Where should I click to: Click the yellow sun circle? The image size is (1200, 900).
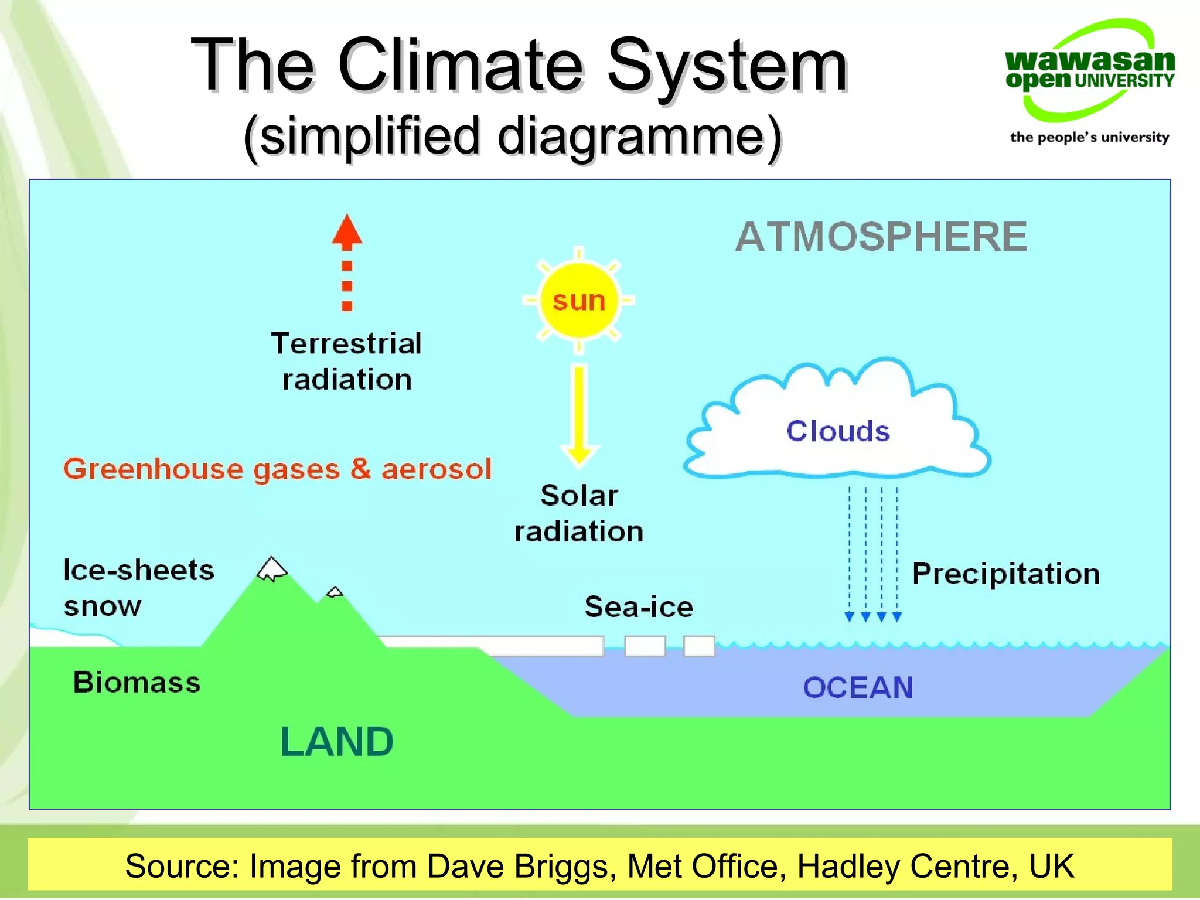(578, 301)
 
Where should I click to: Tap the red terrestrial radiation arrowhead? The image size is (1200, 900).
(347, 231)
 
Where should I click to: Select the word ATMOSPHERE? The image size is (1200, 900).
(881, 237)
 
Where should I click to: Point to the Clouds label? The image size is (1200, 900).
(838, 431)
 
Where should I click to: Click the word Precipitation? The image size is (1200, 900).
(1006, 574)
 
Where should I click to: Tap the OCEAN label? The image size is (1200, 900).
(858, 688)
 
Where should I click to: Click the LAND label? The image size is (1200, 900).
(337, 742)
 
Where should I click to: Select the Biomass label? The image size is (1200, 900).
(137, 683)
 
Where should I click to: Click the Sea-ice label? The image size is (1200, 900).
(639, 606)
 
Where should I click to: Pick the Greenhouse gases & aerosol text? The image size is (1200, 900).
(278, 469)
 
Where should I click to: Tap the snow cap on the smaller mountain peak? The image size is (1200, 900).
(335, 592)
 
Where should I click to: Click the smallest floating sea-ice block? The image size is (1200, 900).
(699, 646)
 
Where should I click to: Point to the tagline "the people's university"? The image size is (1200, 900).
(1089, 137)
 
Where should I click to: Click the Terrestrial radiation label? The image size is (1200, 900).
(346, 361)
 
